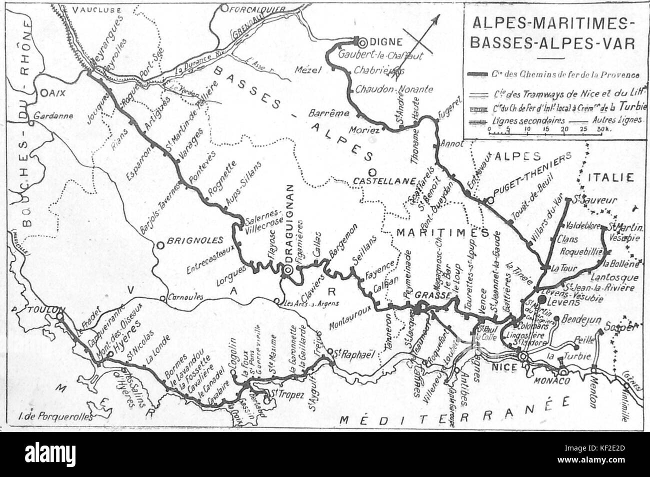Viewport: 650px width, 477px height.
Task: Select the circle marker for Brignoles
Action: point(160,245)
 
